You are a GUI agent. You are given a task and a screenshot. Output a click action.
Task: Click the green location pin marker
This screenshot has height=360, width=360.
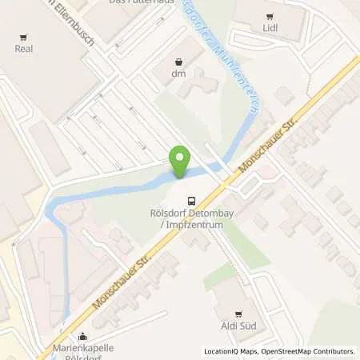coord(181,162)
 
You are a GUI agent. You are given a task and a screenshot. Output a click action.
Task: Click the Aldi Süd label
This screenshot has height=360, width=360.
coord(237,326)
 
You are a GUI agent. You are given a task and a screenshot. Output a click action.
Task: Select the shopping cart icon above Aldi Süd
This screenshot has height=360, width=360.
coord(237,314)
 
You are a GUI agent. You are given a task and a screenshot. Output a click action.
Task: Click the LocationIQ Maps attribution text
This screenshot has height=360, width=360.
coord(230,351)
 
